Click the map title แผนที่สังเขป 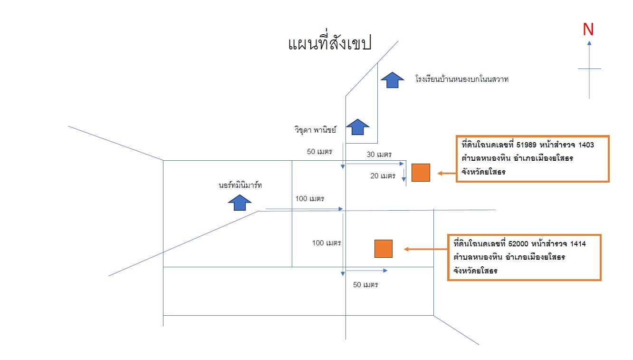329,43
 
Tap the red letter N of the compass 588,29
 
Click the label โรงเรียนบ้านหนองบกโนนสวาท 462,79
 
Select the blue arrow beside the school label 392,80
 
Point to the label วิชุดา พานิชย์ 316,130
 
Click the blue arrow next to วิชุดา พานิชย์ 358,127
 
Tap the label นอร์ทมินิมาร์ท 240,185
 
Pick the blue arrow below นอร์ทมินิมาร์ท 240,203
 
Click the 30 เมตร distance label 379,155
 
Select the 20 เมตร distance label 383,176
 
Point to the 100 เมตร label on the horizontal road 310,199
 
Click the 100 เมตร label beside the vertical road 326,243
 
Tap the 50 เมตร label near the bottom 365,285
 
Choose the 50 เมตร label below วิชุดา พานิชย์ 319,152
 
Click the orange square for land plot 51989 421,173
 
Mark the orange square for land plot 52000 384,249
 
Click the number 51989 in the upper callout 526,145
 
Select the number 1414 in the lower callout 578,244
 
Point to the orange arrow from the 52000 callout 426,249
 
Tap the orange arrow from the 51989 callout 447,174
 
